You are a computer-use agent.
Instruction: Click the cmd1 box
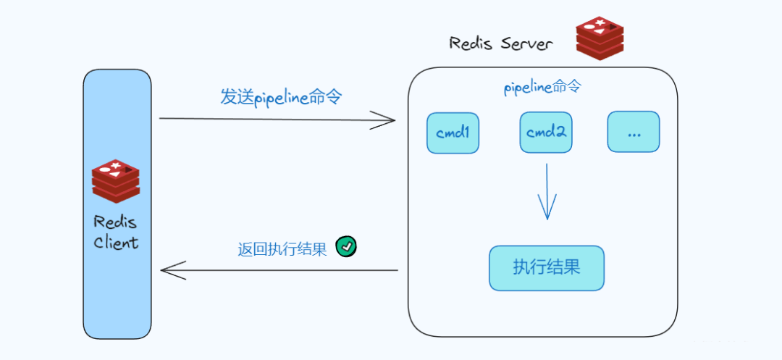click(x=453, y=133)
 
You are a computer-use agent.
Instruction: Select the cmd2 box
click(x=546, y=133)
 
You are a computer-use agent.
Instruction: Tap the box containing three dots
click(x=634, y=132)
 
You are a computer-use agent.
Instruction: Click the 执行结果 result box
click(x=547, y=267)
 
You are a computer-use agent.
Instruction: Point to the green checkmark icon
click(x=347, y=247)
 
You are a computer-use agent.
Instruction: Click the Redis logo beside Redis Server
click(x=600, y=38)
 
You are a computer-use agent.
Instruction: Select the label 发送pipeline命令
click(x=280, y=97)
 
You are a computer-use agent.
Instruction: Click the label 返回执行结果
click(x=282, y=249)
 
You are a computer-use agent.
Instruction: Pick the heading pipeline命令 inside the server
click(x=542, y=88)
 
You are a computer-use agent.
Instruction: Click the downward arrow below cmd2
click(x=547, y=192)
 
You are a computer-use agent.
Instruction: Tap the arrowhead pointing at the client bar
click(x=169, y=270)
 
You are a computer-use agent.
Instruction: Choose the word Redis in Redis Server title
click(x=471, y=43)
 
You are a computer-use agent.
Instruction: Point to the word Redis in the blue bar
click(x=115, y=222)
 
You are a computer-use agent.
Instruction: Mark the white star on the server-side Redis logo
click(x=600, y=24)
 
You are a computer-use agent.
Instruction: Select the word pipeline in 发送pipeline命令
click(x=281, y=98)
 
